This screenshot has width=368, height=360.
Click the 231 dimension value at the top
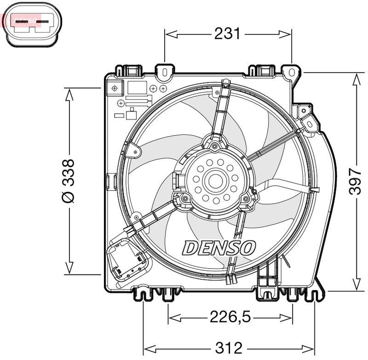pos(228,34)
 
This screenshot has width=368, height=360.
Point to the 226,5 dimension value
pos(230,317)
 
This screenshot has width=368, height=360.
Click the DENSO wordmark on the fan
pos(219,247)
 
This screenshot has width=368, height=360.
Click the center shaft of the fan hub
pos(215,180)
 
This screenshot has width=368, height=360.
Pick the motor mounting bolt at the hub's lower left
pos(185,199)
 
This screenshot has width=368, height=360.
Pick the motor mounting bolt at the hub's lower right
pos(246,199)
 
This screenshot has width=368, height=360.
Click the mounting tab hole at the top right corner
pos(292,72)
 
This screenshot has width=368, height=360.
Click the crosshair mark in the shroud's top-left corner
pos(115,87)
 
